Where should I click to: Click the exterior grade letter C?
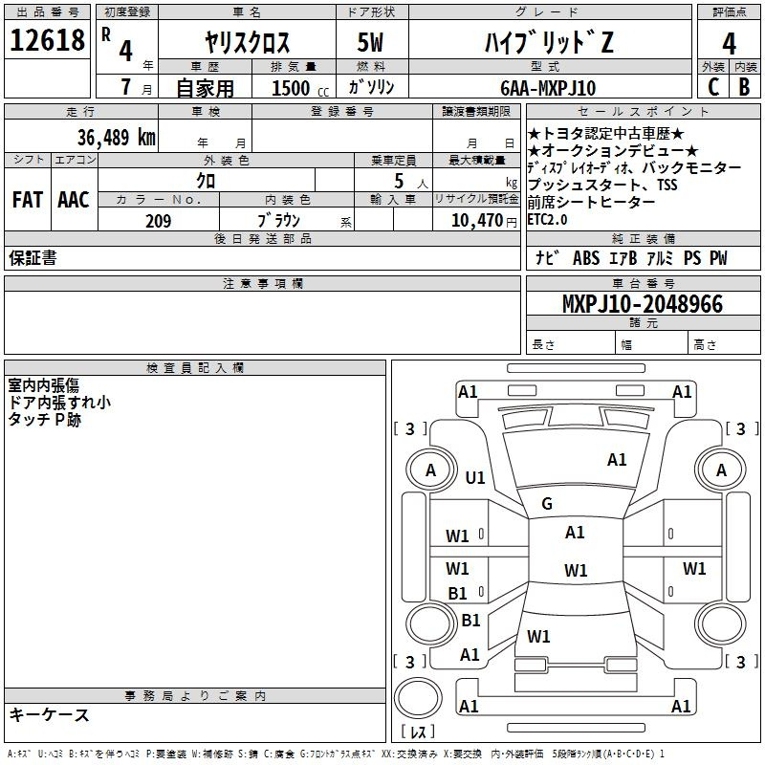pos(712,87)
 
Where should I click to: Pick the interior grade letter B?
pos(744,87)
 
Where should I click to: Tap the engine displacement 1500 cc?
pos(293,88)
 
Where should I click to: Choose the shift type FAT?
pos(27,200)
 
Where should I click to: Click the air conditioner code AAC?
pos(73,200)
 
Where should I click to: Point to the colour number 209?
pos(158,221)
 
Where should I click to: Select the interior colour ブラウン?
pos(279,221)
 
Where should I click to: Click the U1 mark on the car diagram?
pos(475,478)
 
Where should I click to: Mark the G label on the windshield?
pos(547,504)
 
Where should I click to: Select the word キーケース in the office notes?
pos(49,714)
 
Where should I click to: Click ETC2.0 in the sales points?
pos(547,219)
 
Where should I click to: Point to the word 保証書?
pos(33,258)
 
